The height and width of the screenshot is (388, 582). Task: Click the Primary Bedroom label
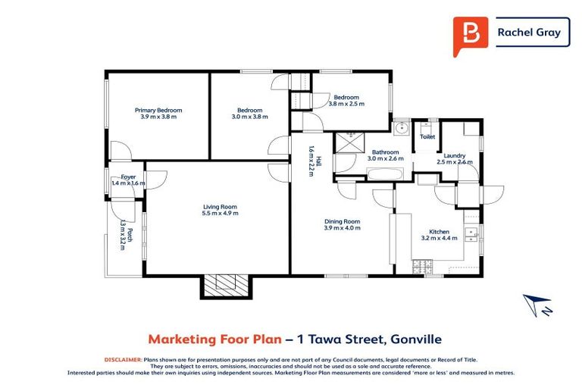coord(158,111)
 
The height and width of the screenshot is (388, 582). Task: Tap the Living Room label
coord(220,207)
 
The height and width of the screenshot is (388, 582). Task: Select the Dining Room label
coord(342,221)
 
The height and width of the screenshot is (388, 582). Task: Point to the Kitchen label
coord(440,232)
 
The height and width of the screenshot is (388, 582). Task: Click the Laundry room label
coord(455,155)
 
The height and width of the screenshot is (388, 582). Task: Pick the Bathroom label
coord(386,152)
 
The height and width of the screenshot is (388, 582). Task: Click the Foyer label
coord(127,177)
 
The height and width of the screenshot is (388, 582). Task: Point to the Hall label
coord(320,161)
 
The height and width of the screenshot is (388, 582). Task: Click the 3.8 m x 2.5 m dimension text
coord(346,105)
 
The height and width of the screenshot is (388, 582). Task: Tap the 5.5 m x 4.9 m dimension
coord(220,214)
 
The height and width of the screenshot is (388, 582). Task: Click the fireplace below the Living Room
coord(224,284)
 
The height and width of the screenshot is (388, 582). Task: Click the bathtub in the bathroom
coord(385,173)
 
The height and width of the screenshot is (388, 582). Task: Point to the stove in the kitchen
coord(422,266)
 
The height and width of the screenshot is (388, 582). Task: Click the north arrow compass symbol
coord(537,305)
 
